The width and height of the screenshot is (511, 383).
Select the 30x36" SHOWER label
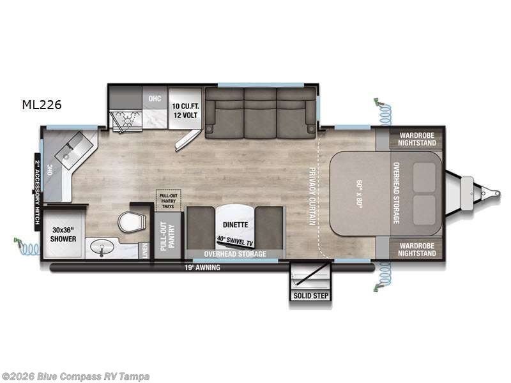(63, 234)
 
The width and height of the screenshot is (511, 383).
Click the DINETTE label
(234, 225)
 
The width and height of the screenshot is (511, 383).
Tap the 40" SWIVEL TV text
(234, 241)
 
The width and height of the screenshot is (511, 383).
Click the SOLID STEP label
(310, 296)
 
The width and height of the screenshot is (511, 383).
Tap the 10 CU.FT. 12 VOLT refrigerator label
(185, 110)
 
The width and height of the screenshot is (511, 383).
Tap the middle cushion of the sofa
(260, 114)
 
